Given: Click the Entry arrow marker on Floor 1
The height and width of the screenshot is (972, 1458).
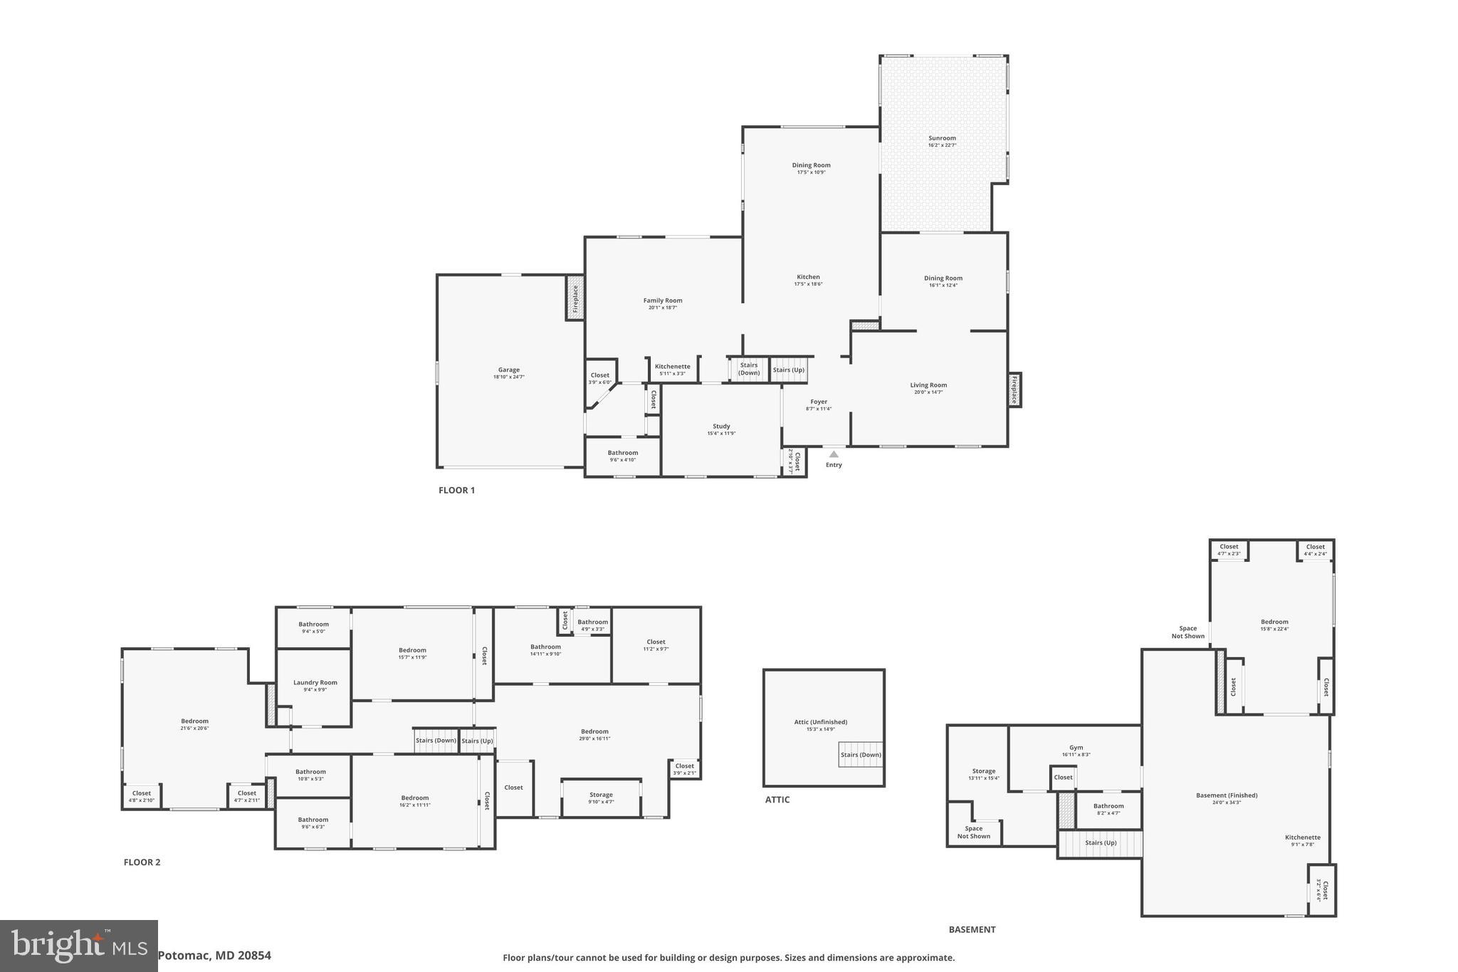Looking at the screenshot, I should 834,454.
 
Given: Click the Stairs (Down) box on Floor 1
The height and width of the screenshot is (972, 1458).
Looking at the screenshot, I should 748,369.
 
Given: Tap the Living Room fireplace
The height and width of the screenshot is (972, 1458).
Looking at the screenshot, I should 1014,390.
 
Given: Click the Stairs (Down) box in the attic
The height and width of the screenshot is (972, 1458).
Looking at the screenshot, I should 860,755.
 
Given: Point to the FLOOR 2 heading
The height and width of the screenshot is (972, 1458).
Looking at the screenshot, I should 142,862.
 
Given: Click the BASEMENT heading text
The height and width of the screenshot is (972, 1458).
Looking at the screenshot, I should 972,929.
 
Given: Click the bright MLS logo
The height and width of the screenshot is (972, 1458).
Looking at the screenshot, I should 78,946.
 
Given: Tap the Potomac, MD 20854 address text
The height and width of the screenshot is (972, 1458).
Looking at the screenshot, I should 214,956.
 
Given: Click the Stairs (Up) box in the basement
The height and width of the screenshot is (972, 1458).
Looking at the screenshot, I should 1100,843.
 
